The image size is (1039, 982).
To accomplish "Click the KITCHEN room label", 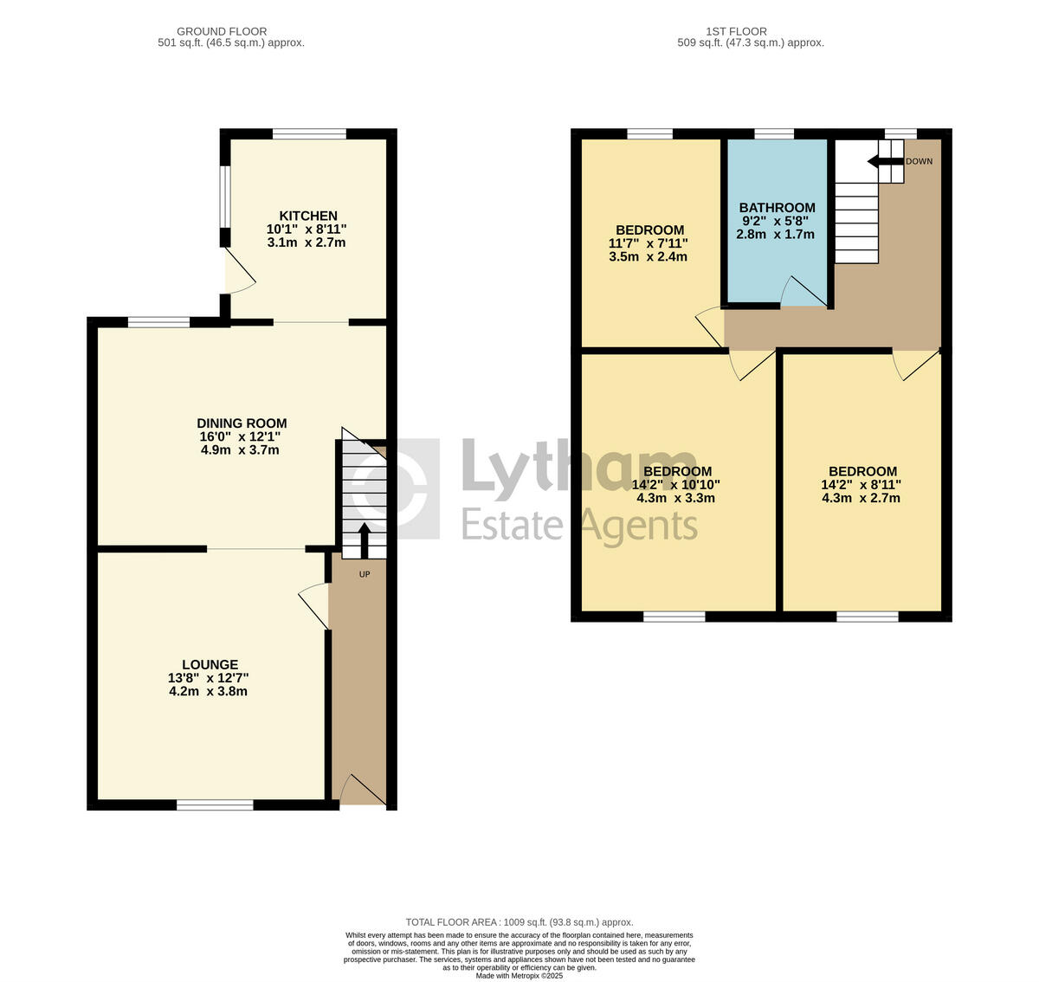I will (307, 216).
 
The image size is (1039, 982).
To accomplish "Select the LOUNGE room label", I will (209, 665).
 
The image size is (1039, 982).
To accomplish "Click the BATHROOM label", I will (777, 208).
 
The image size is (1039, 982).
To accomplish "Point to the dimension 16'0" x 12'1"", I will (240, 437).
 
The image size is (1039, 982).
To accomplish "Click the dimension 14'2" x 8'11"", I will (861, 485).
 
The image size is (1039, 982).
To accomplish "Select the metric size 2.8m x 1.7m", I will (775, 234).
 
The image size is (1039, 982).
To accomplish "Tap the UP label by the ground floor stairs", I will (365, 573).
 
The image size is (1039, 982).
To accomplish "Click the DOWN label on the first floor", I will (919, 162).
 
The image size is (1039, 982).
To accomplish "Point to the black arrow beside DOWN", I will (884, 161).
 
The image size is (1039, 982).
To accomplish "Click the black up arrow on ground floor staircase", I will (364, 540).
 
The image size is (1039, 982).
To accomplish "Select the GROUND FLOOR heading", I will (222, 31).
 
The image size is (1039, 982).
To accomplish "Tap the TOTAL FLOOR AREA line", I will (519, 922).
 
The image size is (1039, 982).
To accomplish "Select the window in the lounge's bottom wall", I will (215, 804).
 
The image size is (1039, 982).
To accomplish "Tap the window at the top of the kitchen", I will (309, 134).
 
